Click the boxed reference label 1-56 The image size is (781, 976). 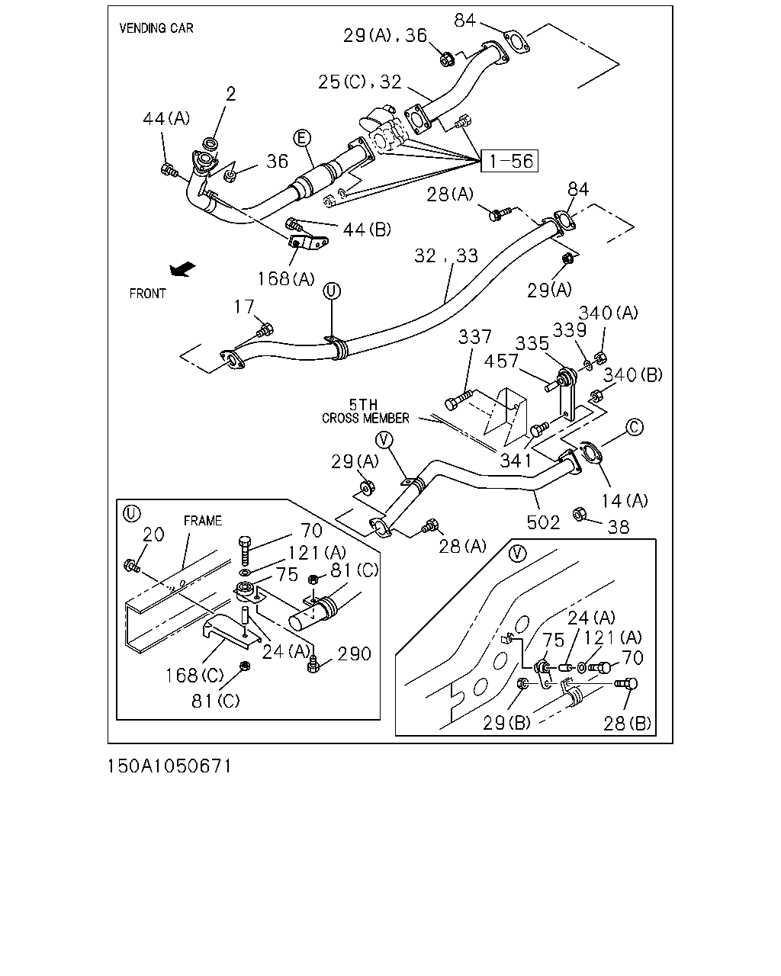pos(509,161)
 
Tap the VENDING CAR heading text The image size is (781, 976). pos(156,28)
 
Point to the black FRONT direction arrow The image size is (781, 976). pos(182,269)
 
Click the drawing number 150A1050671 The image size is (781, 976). pos(169,766)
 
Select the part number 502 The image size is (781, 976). pos(543,522)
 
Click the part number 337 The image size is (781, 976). pos(474,336)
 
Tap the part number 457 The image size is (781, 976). pos(501,361)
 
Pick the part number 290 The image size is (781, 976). pos(355,653)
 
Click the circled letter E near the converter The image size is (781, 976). pos(302,138)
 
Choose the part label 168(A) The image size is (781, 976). pos(286,279)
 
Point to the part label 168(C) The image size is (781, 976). pos(194,676)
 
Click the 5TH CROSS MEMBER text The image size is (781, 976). pos(365,411)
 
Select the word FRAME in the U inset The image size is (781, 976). pos(203,521)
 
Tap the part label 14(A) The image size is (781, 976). pos(625,501)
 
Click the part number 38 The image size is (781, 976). pos(619,527)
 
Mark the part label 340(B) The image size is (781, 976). pos(633,374)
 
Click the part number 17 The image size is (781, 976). pos(244,307)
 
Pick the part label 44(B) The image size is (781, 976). pos(367,230)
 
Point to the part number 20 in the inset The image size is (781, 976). pos(153,535)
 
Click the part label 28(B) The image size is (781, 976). pos(627,724)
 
